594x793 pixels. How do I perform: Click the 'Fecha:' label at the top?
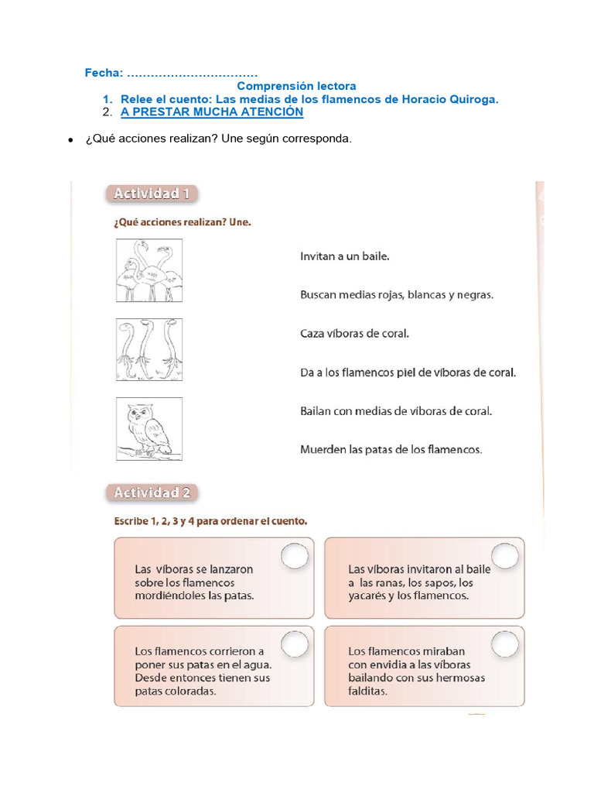[x=104, y=73]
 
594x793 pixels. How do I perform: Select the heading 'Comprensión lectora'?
[x=296, y=86]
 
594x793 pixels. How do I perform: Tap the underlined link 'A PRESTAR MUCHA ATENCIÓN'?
[x=212, y=112]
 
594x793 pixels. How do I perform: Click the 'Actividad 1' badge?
[x=152, y=194]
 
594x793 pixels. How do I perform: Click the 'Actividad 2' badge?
[x=152, y=493]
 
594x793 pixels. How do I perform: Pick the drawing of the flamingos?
[x=149, y=270]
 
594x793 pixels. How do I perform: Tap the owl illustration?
[x=149, y=429]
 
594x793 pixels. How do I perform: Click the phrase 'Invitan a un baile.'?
[x=344, y=255]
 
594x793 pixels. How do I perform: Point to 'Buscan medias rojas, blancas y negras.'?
[x=396, y=294]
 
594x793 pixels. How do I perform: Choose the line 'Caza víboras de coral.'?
[x=353, y=334]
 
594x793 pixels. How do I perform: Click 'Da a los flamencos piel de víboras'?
[x=407, y=372]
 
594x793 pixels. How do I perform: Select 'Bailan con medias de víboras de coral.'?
[x=395, y=411]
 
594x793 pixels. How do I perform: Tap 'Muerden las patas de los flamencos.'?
[x=391, y=449]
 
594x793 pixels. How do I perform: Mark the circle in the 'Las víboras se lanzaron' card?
[x=294, y=556]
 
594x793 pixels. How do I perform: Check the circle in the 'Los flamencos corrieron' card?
[x=294, y=643]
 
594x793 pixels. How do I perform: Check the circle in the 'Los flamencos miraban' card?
[x=504, y=643]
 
